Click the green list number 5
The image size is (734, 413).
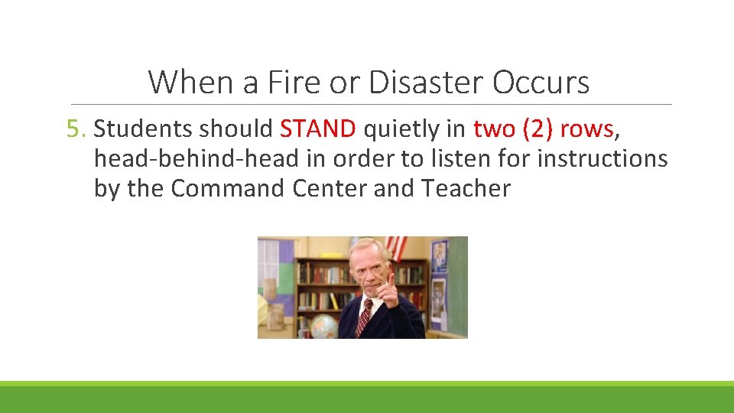pos(76,129)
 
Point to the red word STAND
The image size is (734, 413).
pos(318,129)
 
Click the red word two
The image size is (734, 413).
pos(495,129)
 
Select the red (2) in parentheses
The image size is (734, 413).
pos(538,129)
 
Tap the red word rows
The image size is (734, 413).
pos(586,129)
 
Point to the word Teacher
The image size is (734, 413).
pos(466,188)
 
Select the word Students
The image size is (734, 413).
pos(143,129)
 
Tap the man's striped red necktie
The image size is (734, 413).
pos(364,318)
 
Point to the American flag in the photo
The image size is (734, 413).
pos(396,247)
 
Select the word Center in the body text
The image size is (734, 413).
pos(330,188)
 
